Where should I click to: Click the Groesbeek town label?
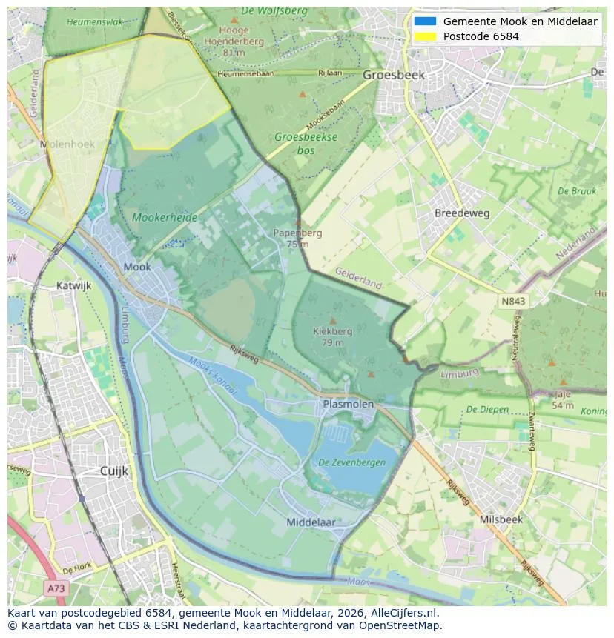pyautogui.click(x=394, y=75)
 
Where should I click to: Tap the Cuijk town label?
pyautogui.click(x=114, y=471)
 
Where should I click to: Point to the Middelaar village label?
pyautogui.click(x=311, y=522)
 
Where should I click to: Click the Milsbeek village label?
pyautogui.click(x=501, y=519)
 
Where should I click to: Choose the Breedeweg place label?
pyautogui.click(x=462, y=213)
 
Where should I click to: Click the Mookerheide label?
pyautogui.click(x=164, y=218)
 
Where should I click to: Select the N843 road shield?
pyautogui.click(x=512, y=302)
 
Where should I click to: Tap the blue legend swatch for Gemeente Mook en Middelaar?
pyautogui.click(x=425, y=21)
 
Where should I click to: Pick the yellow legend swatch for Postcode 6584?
pyautogui.click(x=425, y=36)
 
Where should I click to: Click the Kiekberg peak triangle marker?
pyautogui.click(x=333, y=321)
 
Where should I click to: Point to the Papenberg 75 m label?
pyautogui.click(x=297, y=238)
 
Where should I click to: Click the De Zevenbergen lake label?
pyautogui.click(x=351, y=462)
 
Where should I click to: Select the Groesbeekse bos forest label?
pyautogui.click(x=306, y=143)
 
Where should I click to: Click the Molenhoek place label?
pyautogui.click(x=67, y=144)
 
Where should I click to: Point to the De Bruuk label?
pyautogui.click(x=577, y=191)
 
